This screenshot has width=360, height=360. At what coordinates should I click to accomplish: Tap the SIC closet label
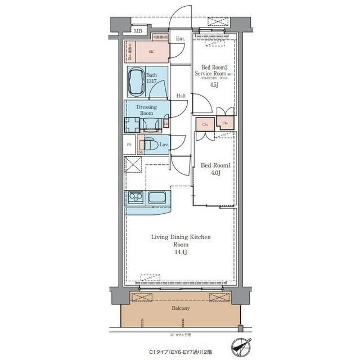pos(151,52)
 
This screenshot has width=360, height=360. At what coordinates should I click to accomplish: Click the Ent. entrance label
pos(181,39)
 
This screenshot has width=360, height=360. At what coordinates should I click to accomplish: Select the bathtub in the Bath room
pos(136,82)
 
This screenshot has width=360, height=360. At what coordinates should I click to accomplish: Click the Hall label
pos(181,96)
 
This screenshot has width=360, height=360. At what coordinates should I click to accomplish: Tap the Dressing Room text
pos(146,109)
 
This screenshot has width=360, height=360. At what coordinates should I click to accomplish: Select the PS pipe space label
pos(129,145)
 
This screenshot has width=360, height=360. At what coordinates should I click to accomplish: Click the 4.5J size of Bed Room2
pos(214,85)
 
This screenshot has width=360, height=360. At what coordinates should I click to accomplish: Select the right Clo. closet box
pos(225,123)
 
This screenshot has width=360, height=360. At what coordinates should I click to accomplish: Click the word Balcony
pos(181,309)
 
